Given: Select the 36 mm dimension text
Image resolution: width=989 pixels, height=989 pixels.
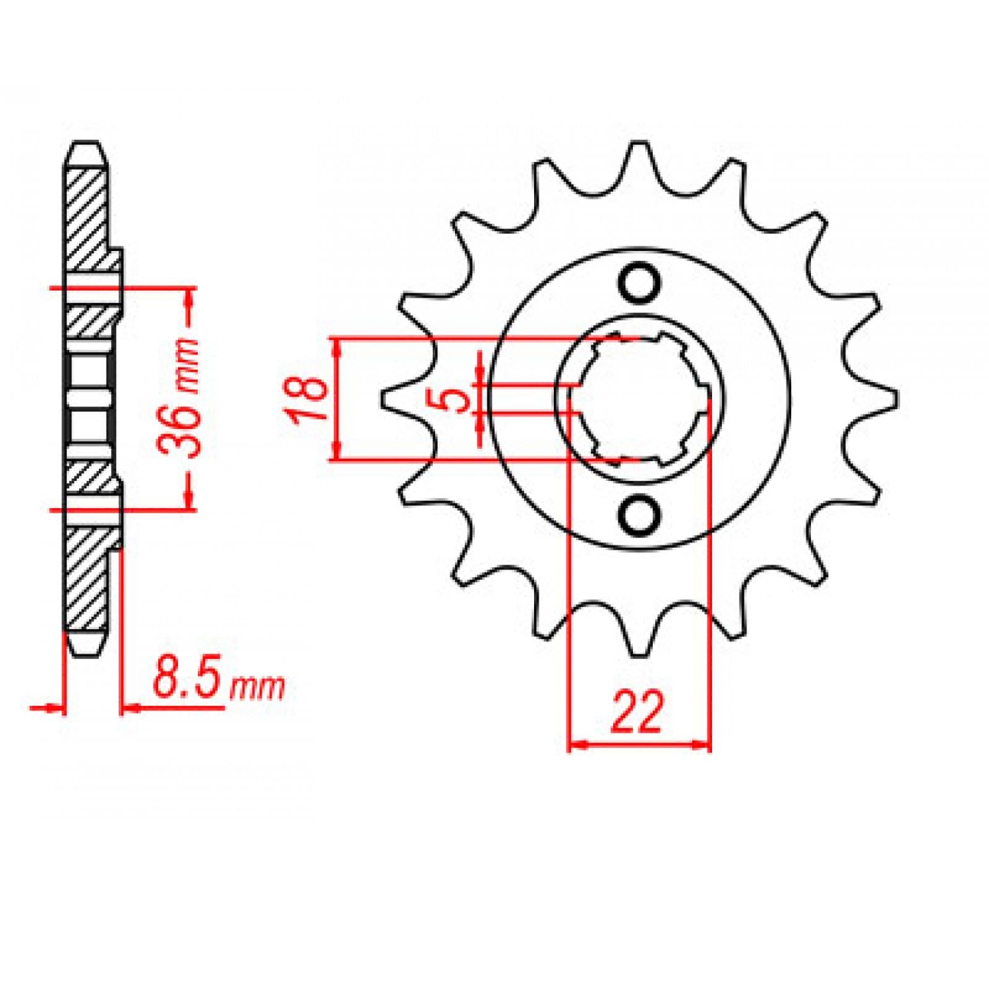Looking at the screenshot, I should coord(182,399).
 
